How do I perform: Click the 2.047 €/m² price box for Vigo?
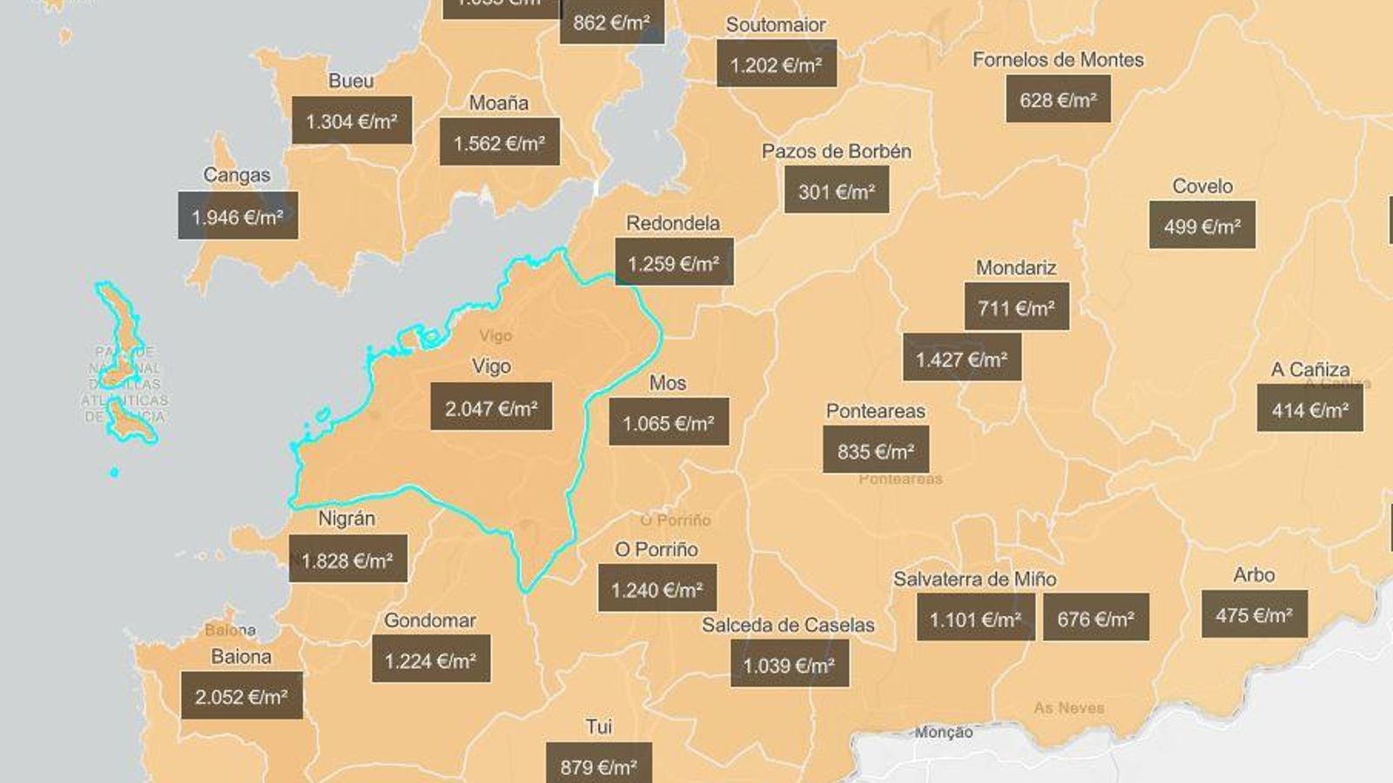point(491,406)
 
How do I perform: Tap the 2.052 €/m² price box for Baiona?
point(241,695)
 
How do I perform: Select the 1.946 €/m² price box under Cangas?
point(238,216)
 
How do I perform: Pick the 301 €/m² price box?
point(837,190)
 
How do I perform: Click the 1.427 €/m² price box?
point(961,358)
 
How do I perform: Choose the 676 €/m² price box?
point(1095,618)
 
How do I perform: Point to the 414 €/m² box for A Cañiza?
point(1309,409)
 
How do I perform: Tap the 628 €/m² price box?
point(1058,99)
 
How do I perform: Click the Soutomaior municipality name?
point(776,24)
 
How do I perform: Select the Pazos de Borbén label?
point(837,151)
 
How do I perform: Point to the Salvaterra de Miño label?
point(974,579)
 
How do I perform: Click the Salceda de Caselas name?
point(788,625)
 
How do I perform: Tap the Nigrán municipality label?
point(347,519)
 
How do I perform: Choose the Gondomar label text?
point(430,620)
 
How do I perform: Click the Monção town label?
point(944,733)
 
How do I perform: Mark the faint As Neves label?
point(1068,708)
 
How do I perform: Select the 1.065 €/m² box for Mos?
point(669,422)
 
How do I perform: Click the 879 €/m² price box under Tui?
point(599,766)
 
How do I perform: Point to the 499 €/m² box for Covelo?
point(1201,225)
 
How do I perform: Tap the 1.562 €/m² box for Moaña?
point(500,142)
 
